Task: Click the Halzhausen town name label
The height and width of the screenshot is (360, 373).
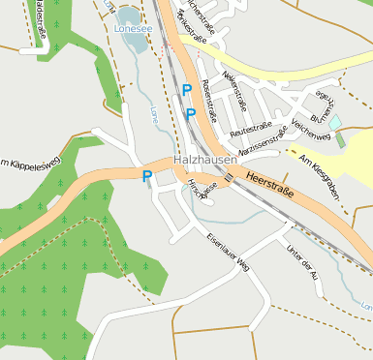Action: tap(202, 158)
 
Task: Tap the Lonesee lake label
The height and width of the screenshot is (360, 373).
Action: tap(133, 30)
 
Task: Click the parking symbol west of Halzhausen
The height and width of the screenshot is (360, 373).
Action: tap(147, 176)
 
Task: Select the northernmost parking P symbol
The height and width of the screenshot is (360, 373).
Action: tap(186, 89)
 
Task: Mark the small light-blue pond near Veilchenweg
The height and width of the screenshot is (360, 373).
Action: tap(335, 123)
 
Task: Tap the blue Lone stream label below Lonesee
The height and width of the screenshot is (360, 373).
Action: tap(153, 115)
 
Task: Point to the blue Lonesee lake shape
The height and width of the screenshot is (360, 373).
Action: tap(128, 16)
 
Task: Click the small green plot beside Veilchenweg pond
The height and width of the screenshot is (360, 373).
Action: tap(341, 137)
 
